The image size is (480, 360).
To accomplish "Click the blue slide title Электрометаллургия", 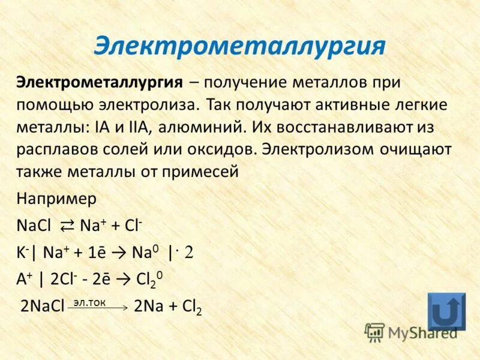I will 239,46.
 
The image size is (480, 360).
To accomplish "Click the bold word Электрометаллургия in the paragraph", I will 100,82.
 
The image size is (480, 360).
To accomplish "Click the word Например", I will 56,199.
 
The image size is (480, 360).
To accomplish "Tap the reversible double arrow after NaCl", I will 67,226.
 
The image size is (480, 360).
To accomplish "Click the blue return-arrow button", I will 446,311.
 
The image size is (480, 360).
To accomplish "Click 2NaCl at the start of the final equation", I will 43,307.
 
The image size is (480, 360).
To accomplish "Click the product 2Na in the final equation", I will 148,307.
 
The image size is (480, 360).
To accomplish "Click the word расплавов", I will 53,149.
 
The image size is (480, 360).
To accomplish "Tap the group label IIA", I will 131,127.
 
